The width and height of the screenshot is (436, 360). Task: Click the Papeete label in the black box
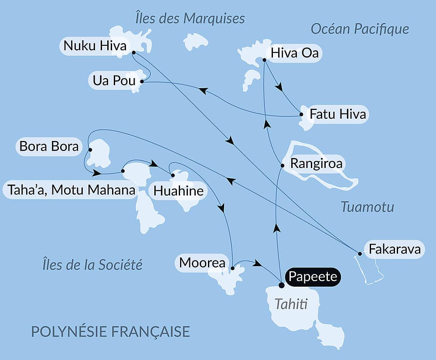[x=313, y=277]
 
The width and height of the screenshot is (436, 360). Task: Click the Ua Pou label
[x=114, y=81]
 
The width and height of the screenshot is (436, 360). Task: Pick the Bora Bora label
[x=49, y=146]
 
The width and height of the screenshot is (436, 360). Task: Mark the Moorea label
[x=202, y=263]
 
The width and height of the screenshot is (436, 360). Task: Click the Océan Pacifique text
[x=360, y=29]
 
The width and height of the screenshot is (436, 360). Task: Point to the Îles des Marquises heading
[x=190, y=18]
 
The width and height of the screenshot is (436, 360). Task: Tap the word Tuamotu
[x=367, y=206]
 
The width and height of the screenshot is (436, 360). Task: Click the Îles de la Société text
[x=92, y=264]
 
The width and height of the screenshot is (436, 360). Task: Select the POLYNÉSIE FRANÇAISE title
[x=110, y=331]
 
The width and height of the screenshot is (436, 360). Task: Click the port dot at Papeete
[x=282, y=285]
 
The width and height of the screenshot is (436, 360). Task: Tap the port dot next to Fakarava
[x=360, y=254]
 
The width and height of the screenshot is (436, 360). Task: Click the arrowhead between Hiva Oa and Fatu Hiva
[x=279, y=87]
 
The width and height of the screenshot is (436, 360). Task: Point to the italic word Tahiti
[x=291, y=304]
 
